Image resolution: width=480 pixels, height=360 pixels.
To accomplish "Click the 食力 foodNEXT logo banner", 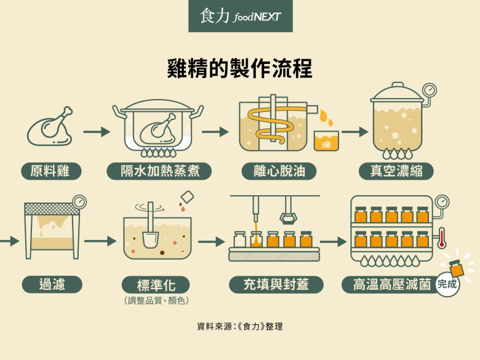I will (x=240, y=17).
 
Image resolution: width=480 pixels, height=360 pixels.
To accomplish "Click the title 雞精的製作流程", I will (x=240, y=68).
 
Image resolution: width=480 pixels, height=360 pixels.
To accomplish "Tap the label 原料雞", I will (x=52, y=170).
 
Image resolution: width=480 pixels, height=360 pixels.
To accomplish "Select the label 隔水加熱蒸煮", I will (x=159, y=170).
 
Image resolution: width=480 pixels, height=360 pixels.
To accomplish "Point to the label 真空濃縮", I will (x=398, y=170).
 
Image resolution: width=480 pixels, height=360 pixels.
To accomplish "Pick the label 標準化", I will (x=155, y=285).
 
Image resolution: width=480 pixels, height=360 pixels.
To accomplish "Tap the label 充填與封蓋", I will (x=276, y=284).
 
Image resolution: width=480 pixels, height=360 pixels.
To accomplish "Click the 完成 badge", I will (x=447, y=284).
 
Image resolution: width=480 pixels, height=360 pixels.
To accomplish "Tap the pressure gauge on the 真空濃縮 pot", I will (x=430, y=89).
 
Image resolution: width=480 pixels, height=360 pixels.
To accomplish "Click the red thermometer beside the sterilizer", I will (x=442, y=238).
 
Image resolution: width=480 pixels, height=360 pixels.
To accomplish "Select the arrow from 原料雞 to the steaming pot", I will (x=96, y=132).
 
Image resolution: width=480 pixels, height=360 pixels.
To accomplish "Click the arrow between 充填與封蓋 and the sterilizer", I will (x=333, y=242).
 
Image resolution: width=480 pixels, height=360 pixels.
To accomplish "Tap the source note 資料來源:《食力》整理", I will (x=240, y=326).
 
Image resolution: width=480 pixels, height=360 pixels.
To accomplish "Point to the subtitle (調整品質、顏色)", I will (x=156, y=300).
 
